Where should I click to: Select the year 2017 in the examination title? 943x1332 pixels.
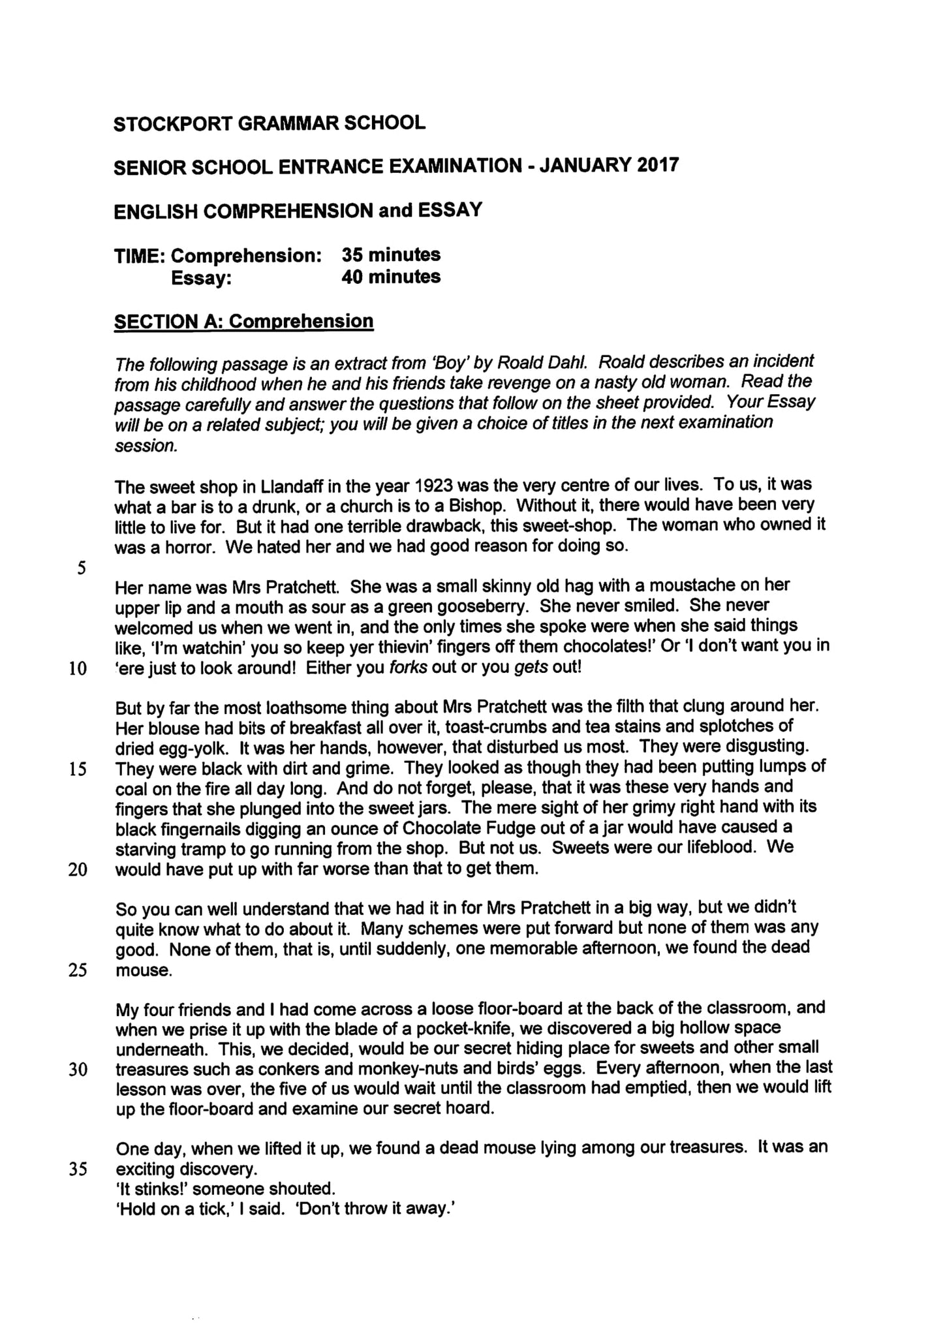point(657,164)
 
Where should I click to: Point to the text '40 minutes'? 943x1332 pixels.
point(391,276)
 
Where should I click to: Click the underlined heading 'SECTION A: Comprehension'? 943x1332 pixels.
point(243,321)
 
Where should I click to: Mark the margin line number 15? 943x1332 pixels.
point(78,769)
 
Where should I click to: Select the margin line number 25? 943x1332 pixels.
point(78,970)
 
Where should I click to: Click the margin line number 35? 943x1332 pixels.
point(78,1169)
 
